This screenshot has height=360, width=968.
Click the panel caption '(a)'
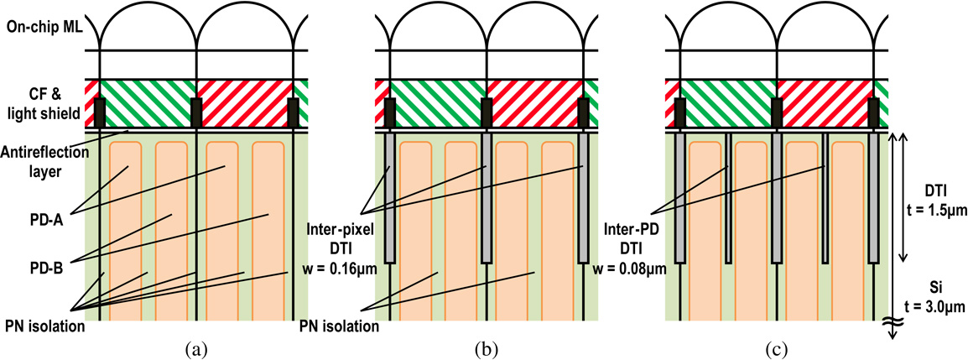click(x=195, y=347)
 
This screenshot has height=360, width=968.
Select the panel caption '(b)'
click(x=487, y=347)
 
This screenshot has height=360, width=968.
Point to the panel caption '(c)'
click(x=777, y=347)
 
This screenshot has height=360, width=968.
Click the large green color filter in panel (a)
click(x=148, y=104)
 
